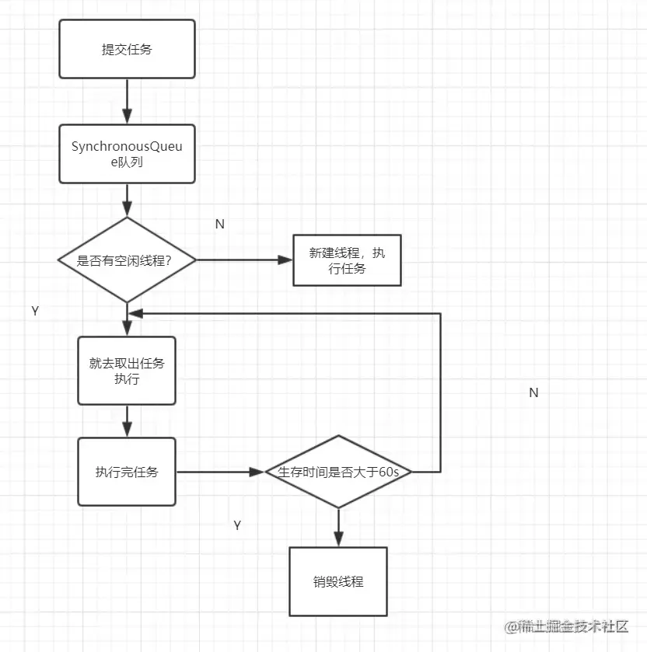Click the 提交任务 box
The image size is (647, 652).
[x=127, y=49]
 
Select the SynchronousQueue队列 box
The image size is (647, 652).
[x=127, y=153]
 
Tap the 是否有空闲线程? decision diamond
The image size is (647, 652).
[x=127, y=260]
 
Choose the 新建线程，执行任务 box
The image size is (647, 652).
[x=347, y=260]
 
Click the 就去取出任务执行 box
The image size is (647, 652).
[x=127, y=371]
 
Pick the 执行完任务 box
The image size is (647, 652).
[x=127, y=472]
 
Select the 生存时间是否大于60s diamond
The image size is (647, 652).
[x=338, y=472]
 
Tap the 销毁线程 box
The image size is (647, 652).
[x=338, y=581]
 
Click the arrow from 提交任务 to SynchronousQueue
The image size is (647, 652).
[x=127, y=101]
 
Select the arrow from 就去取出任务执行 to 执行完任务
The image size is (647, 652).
[x=127, y=421]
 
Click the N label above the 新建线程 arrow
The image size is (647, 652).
[x=219, y=224]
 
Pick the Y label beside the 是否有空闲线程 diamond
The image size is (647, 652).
[x=35, y=311]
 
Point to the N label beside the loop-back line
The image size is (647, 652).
[x=533, y=393]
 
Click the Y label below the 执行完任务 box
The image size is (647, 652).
[x=237, y=525]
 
